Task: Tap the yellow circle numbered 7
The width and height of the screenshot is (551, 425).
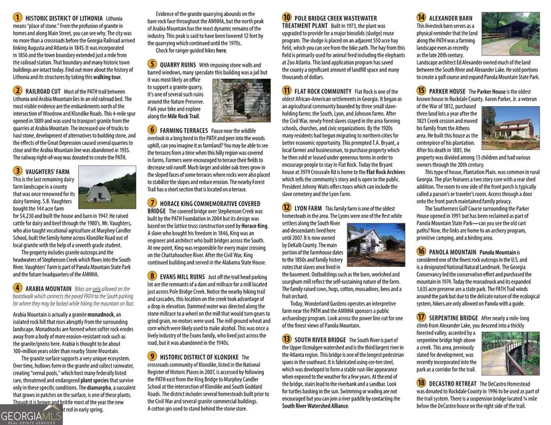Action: [x=153, y=202]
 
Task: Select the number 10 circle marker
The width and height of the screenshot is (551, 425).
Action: [x=287, y=18]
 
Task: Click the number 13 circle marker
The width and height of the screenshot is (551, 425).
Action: [x=287, y=339]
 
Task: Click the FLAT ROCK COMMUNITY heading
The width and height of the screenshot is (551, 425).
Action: [x=323, y=91]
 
